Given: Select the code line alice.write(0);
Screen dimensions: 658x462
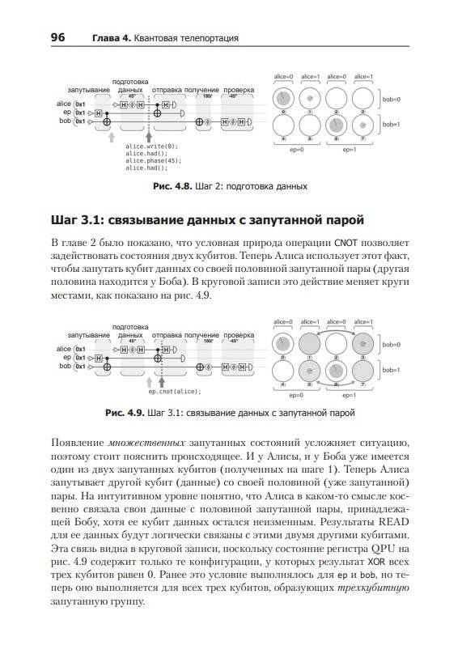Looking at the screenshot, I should [150, 146].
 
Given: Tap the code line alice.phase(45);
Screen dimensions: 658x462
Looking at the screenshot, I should [153, 160].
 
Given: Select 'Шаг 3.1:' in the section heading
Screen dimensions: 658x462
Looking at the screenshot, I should [78, 219].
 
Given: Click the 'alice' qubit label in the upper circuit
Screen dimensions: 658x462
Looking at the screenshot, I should [64, 104].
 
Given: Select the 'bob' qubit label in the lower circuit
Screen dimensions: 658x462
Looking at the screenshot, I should [65, 365].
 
